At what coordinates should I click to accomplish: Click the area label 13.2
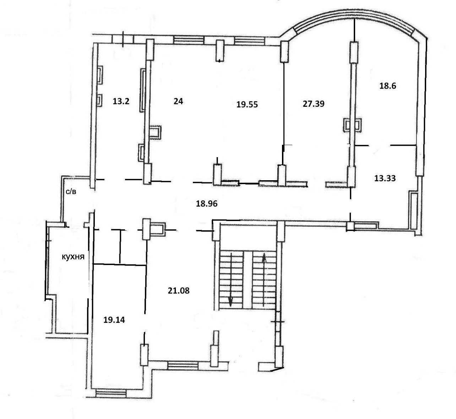[x=121, y=101]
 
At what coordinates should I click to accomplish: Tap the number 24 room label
[x=178, y=101]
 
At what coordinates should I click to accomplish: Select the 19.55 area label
[x=247, y=104]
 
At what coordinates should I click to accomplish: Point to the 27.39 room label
[x=314, y=104]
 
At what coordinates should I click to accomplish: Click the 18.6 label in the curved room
[x=388, y=86]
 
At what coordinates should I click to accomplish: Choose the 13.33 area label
[x=385, y=178]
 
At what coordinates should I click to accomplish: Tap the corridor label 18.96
[x=207, y=204]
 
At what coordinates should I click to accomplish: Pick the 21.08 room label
[x=178, y=291]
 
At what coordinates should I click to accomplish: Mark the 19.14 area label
[x=114, y=320]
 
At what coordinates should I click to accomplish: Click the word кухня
[x=73, y=257]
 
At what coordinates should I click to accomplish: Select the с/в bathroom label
[x=71, y=192]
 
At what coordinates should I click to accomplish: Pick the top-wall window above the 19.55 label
[x=250, y=40]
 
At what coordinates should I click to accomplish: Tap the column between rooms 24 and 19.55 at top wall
[x=220, y=50]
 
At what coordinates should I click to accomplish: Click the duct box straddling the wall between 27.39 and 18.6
[x=352, y=125]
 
